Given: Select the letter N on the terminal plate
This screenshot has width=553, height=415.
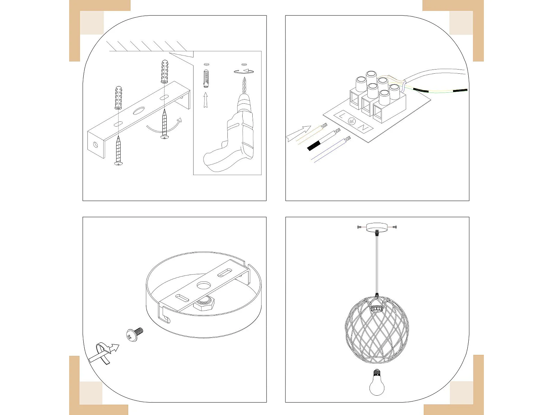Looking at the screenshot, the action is click(x=363, y=127).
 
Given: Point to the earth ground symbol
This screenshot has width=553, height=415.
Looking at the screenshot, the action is click(x=352, y=121).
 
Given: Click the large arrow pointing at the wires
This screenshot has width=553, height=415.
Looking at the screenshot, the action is click(x=298, y=133).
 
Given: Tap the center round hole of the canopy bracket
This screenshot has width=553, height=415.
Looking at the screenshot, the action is click(x=204, y=285).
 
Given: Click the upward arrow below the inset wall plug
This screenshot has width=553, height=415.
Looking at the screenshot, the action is click(x=206, y=100).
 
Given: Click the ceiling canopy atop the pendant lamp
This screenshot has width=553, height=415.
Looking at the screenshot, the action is click(x=377, y=228).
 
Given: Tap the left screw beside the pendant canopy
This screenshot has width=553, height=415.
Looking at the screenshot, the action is click(x=359, y=227).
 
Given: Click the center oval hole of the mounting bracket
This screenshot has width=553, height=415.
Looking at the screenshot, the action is click(x=139, y=111).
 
